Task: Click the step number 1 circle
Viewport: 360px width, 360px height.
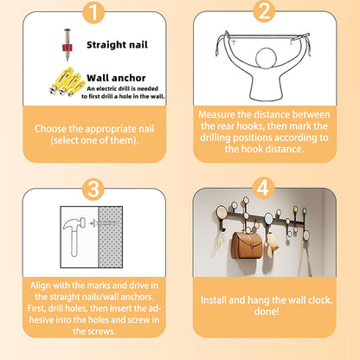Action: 93,12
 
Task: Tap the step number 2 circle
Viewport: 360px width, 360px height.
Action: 264,11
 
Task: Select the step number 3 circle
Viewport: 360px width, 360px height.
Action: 93,189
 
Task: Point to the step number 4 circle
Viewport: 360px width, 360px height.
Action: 263,188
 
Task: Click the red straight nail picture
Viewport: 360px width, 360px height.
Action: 67,45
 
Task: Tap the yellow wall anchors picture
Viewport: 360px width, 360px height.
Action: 67,82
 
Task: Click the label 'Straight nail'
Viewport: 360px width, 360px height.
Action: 117,45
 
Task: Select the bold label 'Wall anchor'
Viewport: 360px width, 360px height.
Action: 116,78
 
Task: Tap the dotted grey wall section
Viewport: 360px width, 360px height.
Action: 111,237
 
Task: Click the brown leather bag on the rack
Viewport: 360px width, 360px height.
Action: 247,245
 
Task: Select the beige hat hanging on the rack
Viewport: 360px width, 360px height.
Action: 272,245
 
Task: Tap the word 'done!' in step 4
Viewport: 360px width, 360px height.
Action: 267,312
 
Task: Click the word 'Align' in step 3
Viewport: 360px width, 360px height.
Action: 41,286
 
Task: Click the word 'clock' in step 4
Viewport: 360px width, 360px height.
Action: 319,300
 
